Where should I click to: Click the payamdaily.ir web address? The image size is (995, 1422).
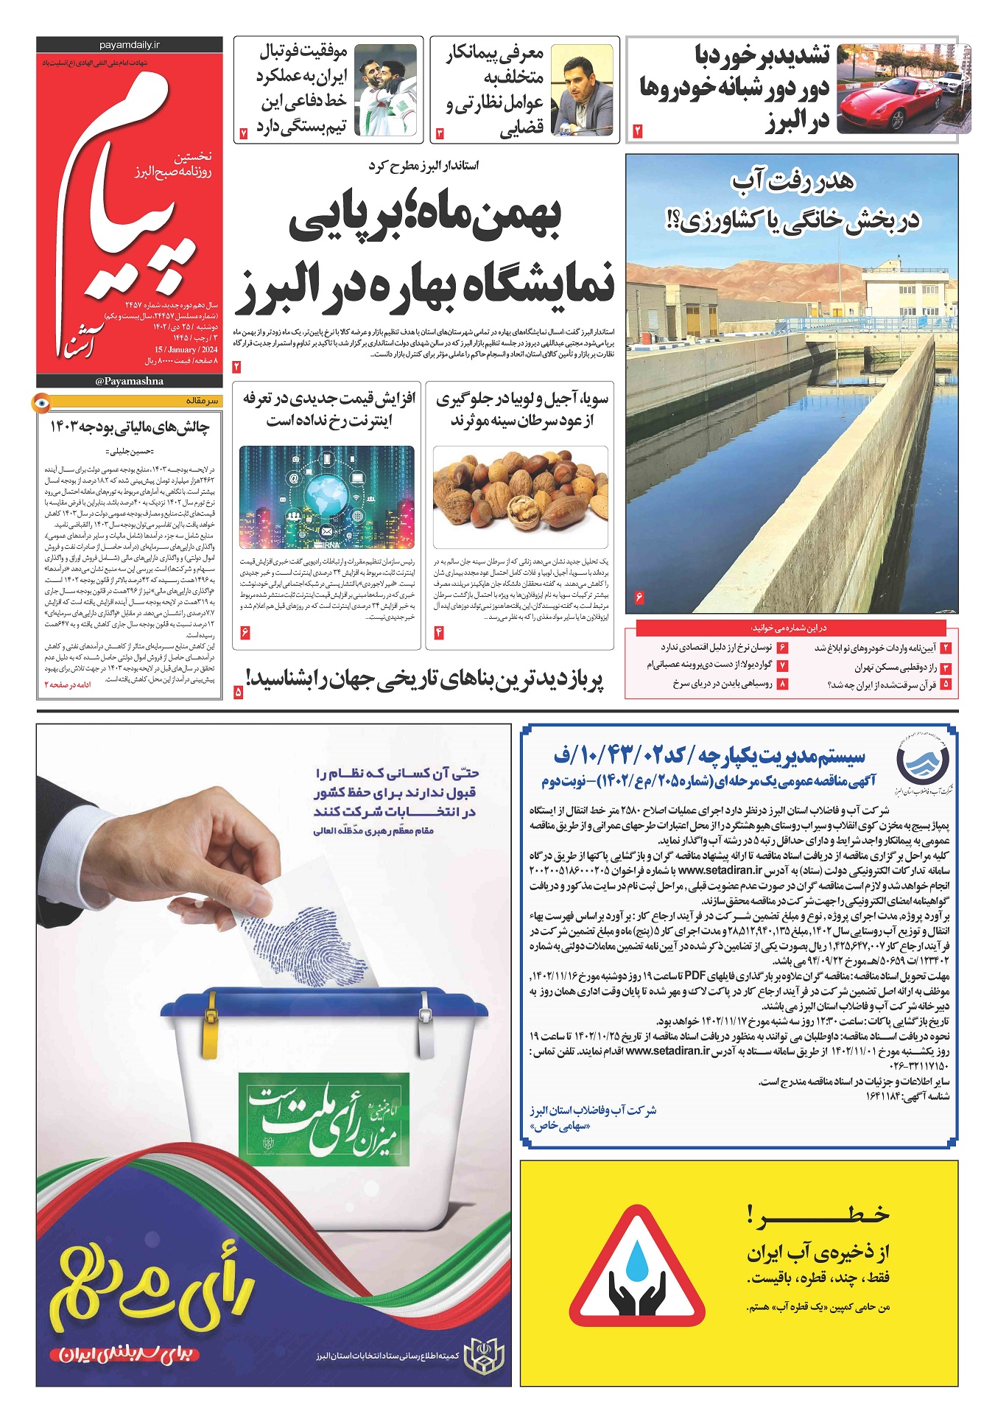tap(129, 45)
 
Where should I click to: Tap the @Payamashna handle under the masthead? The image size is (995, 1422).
tap(129, 381)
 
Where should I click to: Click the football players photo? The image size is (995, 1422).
tap(385, 90)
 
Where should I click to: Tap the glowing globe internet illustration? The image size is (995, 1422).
tap(326, 497)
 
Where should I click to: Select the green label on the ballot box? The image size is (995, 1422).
tap(323, 1113)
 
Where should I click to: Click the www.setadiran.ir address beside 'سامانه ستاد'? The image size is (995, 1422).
tap(667, 1051)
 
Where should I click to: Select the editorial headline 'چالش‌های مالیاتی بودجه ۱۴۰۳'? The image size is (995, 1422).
tap(130, 427)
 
